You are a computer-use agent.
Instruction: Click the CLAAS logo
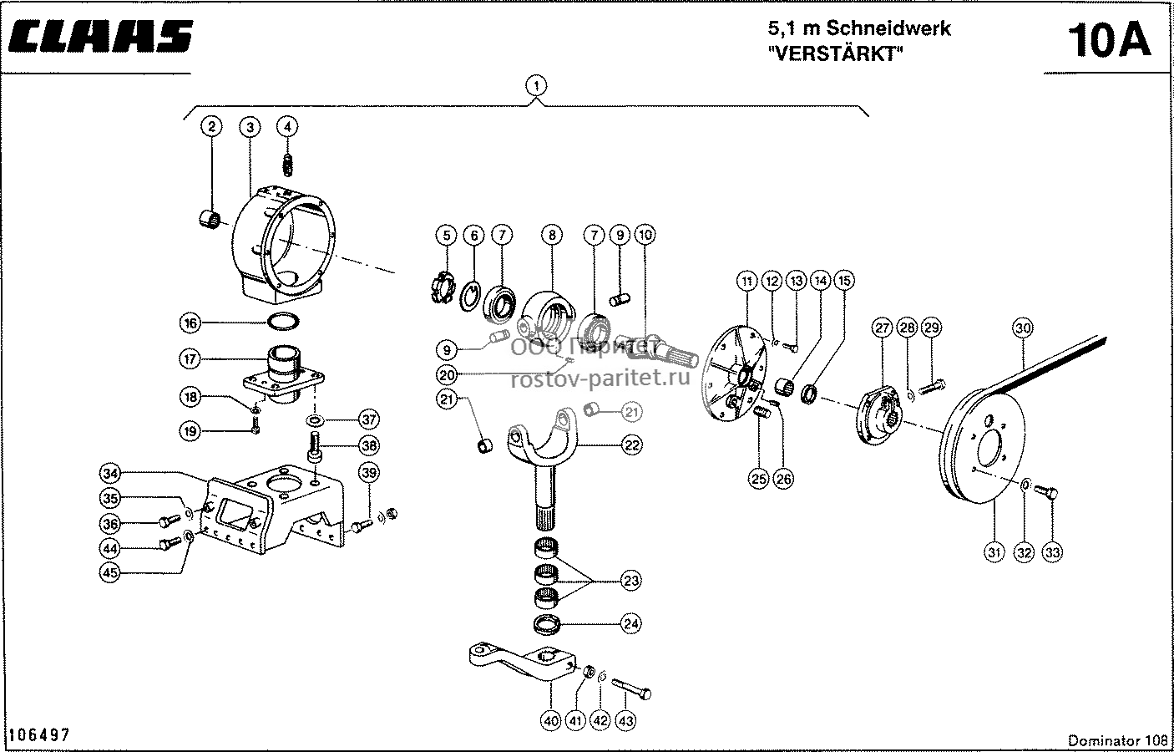[x=100, y=37]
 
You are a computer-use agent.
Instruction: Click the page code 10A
[x=1109, y=40]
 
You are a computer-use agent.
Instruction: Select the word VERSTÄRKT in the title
[x=836, y=53]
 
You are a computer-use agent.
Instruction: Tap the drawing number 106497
[x=39, y=734]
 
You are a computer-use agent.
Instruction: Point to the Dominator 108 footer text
[x=1118, y=740]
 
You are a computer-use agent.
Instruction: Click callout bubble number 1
[x=535, y=85]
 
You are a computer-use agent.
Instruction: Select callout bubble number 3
[x=250, y=127]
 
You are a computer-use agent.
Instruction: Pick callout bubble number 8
[x=551, y=235]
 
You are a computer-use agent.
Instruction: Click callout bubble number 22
[x=631, y=445]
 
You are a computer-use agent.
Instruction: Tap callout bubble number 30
[x=1023, y=328]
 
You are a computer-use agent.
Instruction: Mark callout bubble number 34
[x=110, y=474]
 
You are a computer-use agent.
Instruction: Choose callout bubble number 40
[x=551, y=721]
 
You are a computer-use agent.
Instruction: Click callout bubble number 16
[x=190, y=323]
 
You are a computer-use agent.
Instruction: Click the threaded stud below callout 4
[x=287, y=164]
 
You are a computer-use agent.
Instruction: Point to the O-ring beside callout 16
[x=283, y=321]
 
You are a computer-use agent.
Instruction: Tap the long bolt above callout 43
[x=631, y=688]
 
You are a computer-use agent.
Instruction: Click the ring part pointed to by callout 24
[x=547, y=624]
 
